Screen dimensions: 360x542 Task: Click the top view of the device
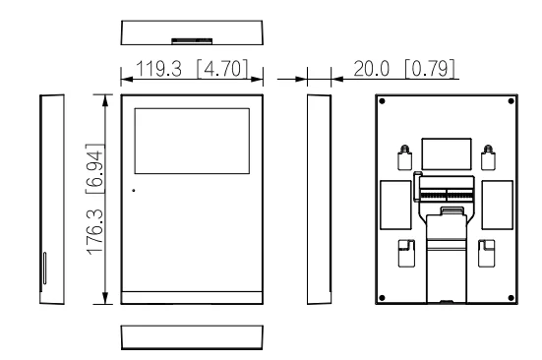coord(191,31)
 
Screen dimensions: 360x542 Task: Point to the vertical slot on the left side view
coord(43,268)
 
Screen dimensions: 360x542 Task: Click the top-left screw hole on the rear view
coord(383,101)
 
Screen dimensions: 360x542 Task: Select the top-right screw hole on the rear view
coord(509,101)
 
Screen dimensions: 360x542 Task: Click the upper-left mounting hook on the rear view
coord(404,155)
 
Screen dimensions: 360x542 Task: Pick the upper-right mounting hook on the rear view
coord(487,155)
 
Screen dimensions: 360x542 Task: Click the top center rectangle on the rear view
coord(446,153)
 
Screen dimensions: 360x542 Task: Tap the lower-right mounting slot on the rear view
coord(486,253)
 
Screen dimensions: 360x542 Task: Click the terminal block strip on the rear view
coord(447,189)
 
